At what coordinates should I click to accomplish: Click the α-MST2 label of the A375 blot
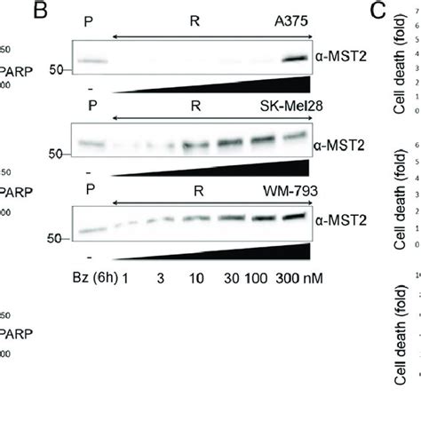point(338,55)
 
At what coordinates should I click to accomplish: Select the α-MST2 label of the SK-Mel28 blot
point(338,143)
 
